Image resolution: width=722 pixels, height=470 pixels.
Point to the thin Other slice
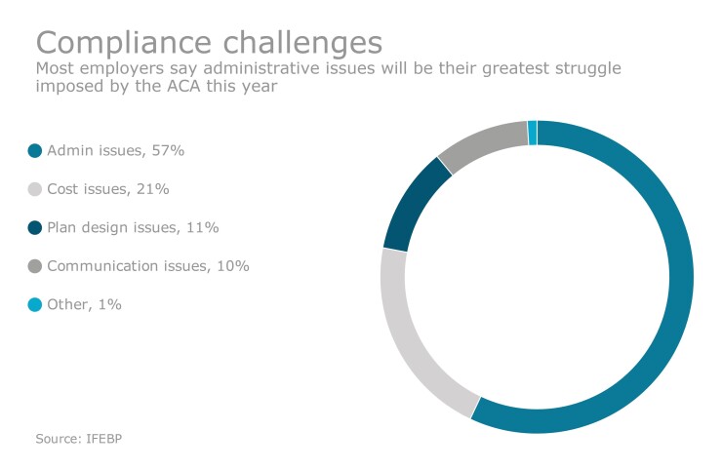(532, 133)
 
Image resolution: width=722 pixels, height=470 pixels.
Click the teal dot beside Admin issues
(35, 150)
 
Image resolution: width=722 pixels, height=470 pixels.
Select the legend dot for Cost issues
(35, 189)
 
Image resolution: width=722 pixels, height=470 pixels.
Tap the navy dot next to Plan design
(35, 227)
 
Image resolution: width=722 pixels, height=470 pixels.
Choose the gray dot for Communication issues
(35, 266)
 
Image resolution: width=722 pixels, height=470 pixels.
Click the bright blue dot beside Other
(35, 305)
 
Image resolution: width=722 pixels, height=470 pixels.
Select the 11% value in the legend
(203, 227)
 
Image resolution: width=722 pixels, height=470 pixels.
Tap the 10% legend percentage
(233, 266)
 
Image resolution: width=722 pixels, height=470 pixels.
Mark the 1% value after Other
(109, 305)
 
